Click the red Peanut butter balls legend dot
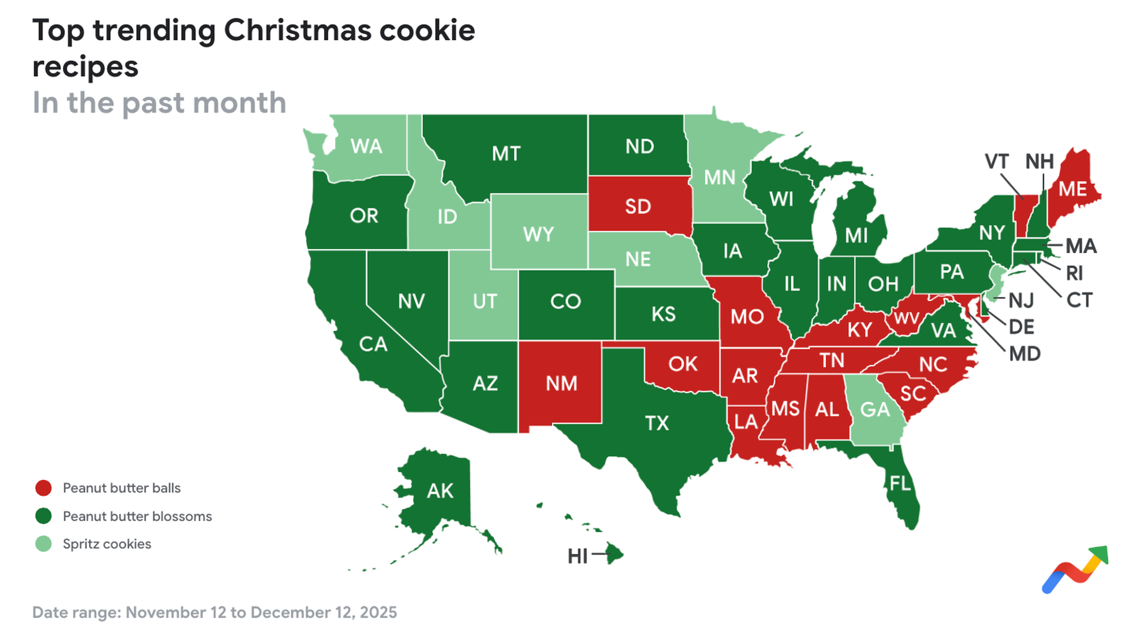(44, 488)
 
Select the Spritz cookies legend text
(107, 544)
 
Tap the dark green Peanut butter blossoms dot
(44, 516)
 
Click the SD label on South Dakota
(638, 207)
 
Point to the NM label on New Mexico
(561, 384)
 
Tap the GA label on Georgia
(875, 409)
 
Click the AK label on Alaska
(440, 491)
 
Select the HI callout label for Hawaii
(577, 556)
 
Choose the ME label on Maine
(1073, 189)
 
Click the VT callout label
(997, 161)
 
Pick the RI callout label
(1074, 273)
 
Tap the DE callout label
(1021, 327)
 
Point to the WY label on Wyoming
(538, 234)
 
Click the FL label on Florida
(900, 483)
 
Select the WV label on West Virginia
(906, 319)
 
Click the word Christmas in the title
(297, 31)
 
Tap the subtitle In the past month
(159, 103)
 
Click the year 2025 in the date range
(378, 612)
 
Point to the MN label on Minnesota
(720, 177)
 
